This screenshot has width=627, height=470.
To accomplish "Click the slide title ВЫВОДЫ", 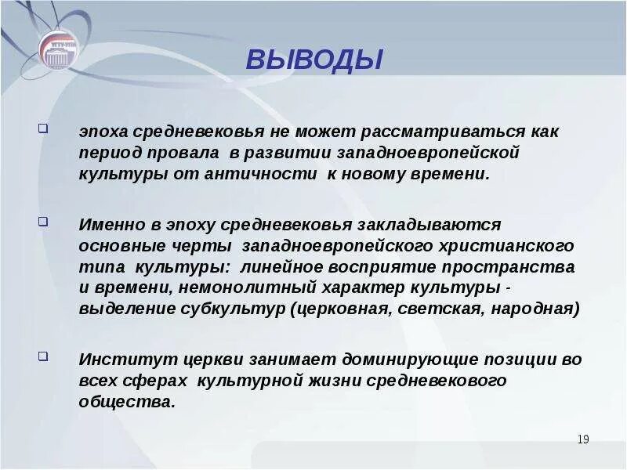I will (314, 60).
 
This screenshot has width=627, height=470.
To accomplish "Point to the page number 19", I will (582, 439).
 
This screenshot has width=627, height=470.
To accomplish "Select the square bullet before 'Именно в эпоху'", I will (43, 222).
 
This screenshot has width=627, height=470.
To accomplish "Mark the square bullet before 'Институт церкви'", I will (43, 356).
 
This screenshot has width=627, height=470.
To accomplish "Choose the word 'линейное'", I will (279, 267).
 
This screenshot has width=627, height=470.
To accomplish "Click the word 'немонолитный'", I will (192, 287).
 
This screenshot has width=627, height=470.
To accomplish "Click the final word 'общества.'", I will (126, 402).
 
